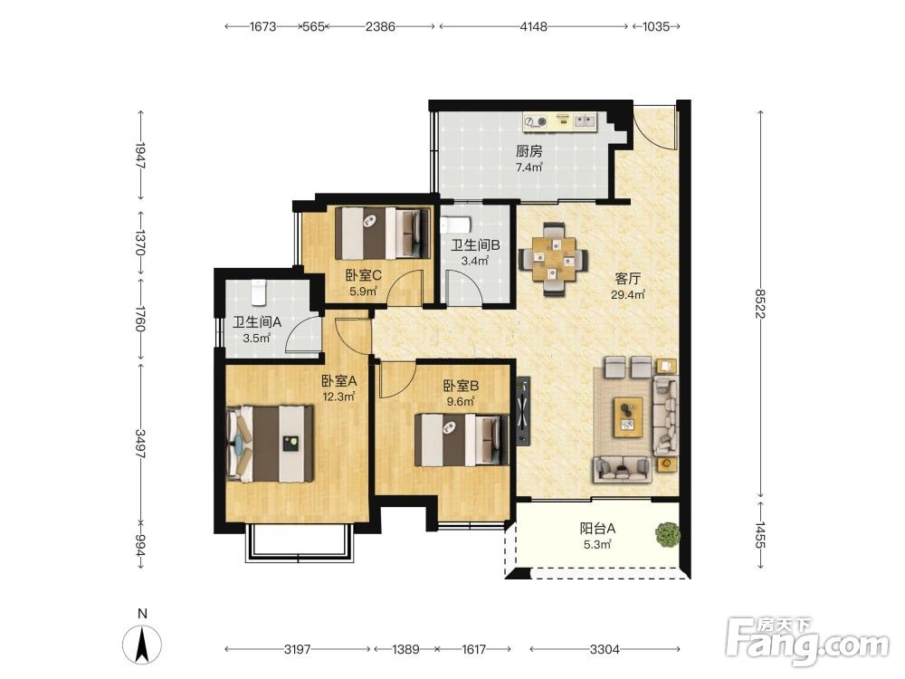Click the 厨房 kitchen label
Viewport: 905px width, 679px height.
point(529,152)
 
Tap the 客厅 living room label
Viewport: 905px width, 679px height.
point(627,279)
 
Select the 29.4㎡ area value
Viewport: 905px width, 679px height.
point(628,294)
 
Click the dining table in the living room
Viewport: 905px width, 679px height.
point(554,260)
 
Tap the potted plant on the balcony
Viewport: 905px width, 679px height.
point(667,534)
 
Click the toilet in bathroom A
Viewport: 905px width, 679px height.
point(257,292)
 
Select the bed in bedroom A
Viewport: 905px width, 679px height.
point(270,444)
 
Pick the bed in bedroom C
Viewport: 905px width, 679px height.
point(383,234)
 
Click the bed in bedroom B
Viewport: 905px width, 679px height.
point(462,440)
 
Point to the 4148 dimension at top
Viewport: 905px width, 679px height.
point(533,26)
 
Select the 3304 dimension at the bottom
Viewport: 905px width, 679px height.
point(605,649)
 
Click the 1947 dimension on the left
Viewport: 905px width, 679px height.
point(140,156)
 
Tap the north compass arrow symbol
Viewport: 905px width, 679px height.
point(142,645)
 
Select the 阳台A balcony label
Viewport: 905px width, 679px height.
point(597,529)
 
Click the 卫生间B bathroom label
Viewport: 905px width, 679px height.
point(475,245)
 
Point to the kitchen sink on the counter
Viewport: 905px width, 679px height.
point(586,120)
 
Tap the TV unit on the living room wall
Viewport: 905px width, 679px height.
point(523,411)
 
